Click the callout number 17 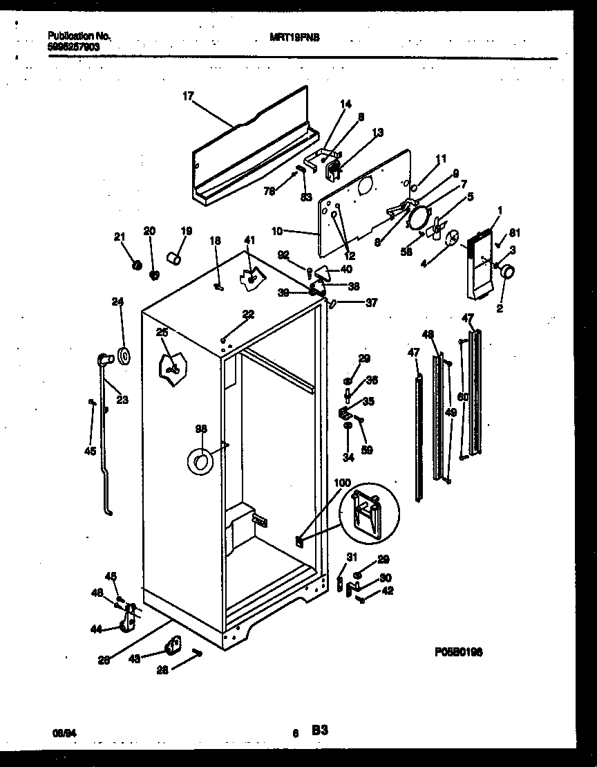187,98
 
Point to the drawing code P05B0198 458,652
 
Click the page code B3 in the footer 319,730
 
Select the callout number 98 201,429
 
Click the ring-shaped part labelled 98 200,461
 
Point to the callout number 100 342,483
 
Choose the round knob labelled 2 508,273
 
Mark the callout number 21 118,237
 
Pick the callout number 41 249,240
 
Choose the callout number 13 377,132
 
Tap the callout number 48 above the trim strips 428,334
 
